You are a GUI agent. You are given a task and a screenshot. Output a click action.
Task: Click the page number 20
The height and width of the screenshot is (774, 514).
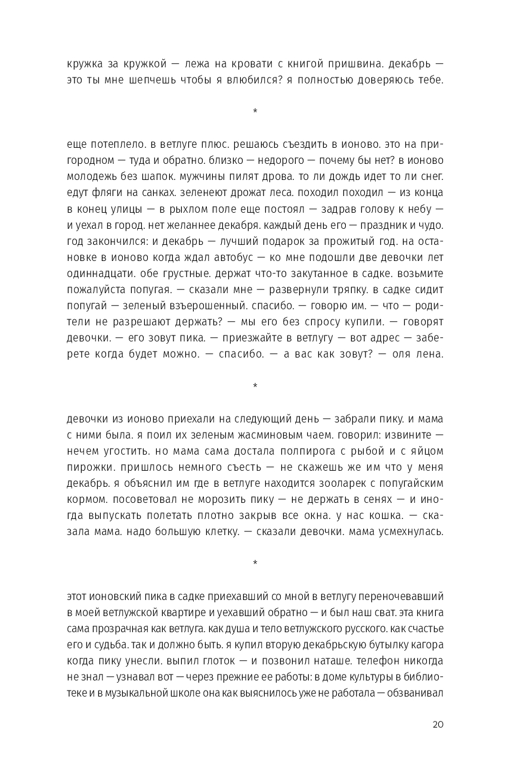(x=437, y=725)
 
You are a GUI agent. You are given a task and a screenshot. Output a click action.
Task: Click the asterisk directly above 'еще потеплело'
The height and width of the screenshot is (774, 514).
(x=255, y=111)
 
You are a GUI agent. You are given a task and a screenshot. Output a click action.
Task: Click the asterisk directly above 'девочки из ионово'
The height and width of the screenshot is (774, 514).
(x=255, y=386)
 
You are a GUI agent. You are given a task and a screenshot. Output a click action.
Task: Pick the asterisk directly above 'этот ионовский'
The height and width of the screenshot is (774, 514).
(x=255, y=563)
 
